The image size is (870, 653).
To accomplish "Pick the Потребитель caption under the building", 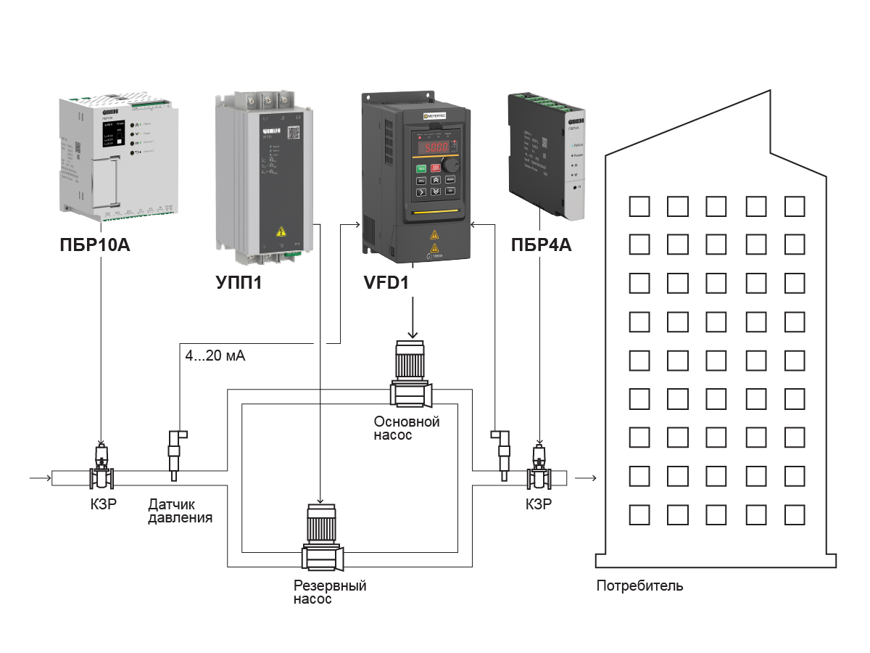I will [639, 586].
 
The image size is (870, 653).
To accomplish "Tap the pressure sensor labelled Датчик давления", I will [175, 453].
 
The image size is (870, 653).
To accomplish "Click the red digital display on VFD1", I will [433, 148].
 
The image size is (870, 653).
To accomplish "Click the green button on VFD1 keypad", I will [420, 166].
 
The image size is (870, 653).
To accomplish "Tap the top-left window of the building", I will [639, 207].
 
